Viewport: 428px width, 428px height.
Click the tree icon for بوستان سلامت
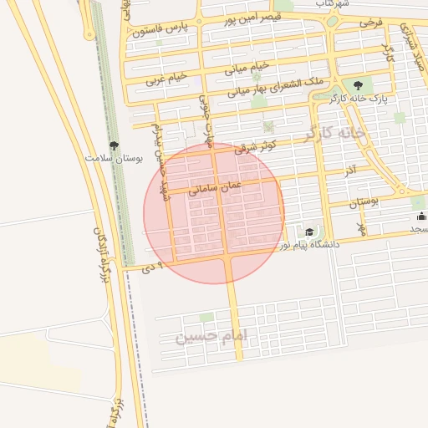click(x=115, y=145)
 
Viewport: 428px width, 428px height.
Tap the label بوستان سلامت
click(x=115, y=157)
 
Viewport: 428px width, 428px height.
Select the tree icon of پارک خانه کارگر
click(x=359, y=84)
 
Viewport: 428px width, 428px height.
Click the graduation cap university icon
click(x=309, y=232)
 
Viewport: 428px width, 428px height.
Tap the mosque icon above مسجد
click(x=420, y=217)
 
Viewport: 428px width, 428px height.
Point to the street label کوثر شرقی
click(x=255, y=147)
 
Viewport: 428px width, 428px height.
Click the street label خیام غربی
click(x=164, y=79)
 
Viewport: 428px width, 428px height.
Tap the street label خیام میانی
click(x=251, y=67)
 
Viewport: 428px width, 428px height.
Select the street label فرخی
click(x=370, y=22)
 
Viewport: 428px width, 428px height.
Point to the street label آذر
click(x=350, y=171)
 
